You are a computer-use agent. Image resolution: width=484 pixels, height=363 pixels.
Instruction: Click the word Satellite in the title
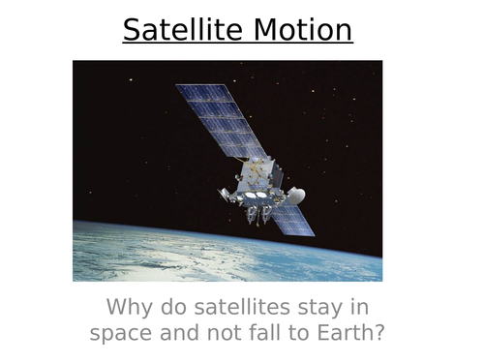point(183,30)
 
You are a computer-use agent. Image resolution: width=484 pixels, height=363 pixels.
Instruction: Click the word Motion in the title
point(303,30)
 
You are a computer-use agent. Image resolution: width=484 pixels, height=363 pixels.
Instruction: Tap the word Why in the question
point(130,308)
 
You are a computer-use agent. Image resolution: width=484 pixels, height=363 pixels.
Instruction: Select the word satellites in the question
point(242,307)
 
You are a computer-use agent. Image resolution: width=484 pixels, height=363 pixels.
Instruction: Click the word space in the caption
point(121,334)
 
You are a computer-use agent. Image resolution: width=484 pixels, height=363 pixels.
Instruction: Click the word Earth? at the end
point(351,332)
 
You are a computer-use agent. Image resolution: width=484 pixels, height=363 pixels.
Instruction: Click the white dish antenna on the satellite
point(296,197)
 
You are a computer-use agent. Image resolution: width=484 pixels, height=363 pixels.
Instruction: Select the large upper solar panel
point(223,121)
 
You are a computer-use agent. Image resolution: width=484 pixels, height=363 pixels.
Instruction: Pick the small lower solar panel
point(292,221)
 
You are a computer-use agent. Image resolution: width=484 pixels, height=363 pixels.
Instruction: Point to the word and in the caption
point(179,332)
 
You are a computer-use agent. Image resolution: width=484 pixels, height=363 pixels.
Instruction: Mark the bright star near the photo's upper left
point(131,79)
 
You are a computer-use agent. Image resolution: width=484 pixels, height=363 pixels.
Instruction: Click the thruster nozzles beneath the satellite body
point(258,215)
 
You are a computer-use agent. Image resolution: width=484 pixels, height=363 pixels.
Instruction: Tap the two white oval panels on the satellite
point(256,195)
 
